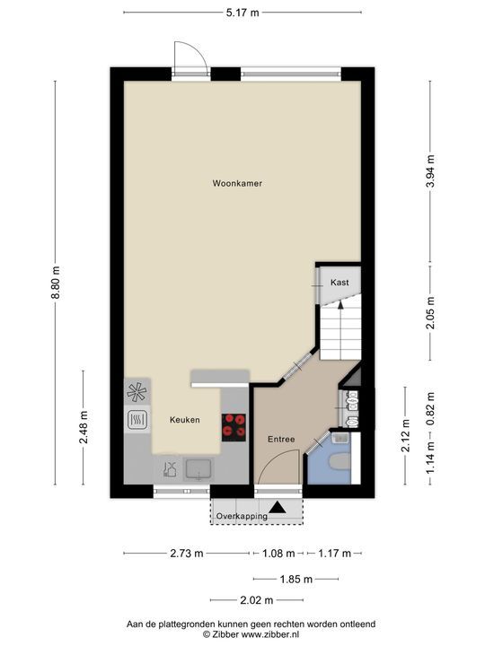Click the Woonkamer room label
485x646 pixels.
pos(237,184)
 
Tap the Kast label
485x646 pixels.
pos(339,283)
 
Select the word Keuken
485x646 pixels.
pos(184,420)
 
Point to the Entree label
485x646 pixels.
pos(281,439)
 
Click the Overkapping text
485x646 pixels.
pos(241,517)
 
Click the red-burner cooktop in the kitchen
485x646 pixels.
pos(234,425)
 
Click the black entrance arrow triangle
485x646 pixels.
pos(278,508)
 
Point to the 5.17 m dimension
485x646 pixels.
pos(242,12)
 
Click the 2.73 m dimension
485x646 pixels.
pos(186,553)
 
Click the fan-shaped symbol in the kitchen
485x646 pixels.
pos(137,390)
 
